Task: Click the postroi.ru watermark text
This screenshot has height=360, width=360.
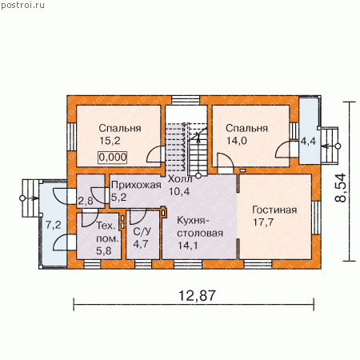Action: pyautogui.click(x=22, y=5)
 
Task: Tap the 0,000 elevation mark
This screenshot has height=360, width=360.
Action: pyautogui.click(x=113, y=157)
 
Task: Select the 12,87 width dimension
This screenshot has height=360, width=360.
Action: pyautogui.click(x=197, y=295)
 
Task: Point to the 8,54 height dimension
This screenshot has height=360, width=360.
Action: pyautogui.click(x=341, y=188)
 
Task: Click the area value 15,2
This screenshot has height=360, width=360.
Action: pyautogui.click(x=110, y=141)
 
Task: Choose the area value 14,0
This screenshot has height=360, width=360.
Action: pyautogui.click(x=237, y=141)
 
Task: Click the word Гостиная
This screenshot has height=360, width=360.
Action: pyautogui.click(x=274, y=210)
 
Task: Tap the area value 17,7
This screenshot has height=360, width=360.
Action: pyautogui.click(x=263, y=222)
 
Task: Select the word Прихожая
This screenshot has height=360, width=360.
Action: pyautogui.click(x=136, y=185)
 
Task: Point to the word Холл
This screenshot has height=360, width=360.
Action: pyautogui.click(x=180, y=179)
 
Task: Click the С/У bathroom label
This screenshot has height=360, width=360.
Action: pyautogui.click(x=142, y=231)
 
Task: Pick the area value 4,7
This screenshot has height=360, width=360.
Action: pyautogui.click(x=141, y=244)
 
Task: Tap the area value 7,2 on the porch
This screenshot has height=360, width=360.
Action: pyautogui.click(x=54, y=225)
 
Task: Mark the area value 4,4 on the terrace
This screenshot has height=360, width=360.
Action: pyautogui.click(x=308, y=141)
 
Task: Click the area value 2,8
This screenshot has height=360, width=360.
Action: pyautogui.click(x=86, y=201)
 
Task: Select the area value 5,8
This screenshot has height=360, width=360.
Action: pyautogui.click(x=104, y=250)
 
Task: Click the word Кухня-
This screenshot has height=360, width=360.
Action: pyautogui.click(x=192, y=221)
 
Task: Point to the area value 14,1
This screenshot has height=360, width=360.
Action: pyautogui.click(x=188, y=246)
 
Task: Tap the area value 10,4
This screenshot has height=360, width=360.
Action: pyautogui.click(x=179, y=191)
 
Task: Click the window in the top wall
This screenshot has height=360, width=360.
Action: pyautogui.click(x=186, y=100)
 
